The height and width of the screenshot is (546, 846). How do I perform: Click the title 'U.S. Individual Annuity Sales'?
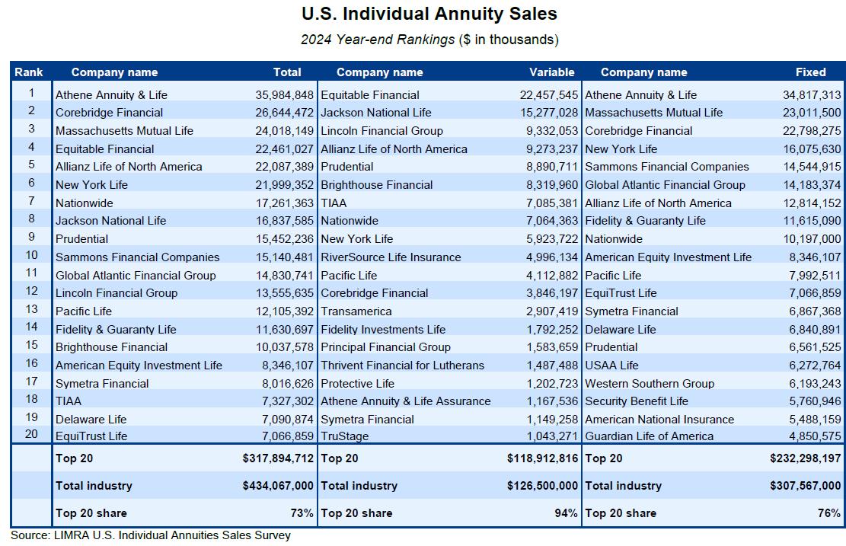click(429, 14)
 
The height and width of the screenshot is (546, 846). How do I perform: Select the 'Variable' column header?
click(551, 72)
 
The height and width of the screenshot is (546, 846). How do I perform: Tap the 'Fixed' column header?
click(810, 72)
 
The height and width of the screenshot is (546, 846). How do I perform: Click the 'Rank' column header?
click(28, 72)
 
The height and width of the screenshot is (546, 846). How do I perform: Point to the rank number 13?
click(31, 310)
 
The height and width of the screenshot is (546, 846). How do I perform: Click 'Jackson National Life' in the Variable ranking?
click(375, 113)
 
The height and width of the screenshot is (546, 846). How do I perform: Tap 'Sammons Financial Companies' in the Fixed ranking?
click(666, 167)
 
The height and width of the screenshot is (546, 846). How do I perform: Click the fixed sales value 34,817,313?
click(812, 95)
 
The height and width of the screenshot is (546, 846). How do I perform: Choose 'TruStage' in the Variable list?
click(344, 436)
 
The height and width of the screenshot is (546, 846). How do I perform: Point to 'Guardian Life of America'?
click(649, 436)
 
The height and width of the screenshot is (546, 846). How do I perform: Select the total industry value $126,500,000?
click(542, 486)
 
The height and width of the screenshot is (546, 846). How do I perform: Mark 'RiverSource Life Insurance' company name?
click(391, 257)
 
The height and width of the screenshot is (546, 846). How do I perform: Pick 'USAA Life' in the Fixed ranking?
click(611, 366)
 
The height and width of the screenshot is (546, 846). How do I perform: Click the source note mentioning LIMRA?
click(151, 535)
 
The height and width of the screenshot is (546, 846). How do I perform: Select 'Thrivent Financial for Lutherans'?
click(402, 366)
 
